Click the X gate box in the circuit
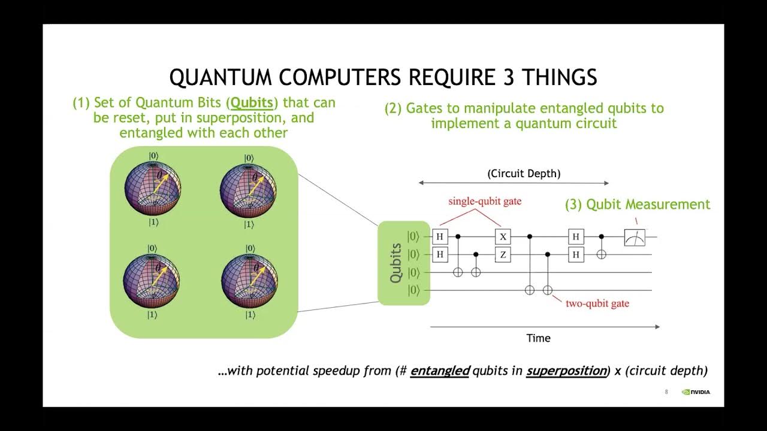click(503, 236)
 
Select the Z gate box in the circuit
click(503, 255)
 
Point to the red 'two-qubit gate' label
click(597, 303)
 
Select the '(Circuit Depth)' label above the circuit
click(524, 174)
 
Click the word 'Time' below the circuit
click(538, 338)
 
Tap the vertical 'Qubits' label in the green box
click(395, 263)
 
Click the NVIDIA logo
click(696, 393)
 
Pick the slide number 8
click(666, 393)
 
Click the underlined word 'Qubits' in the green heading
click(252, 103)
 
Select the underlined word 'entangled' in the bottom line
click(440, 371)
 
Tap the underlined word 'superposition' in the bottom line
click(566, 371)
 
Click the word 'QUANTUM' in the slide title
click(218, 78)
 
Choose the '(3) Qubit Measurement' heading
click(638, 204)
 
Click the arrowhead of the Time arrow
click(657, 327)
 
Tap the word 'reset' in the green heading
click(131, 117)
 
